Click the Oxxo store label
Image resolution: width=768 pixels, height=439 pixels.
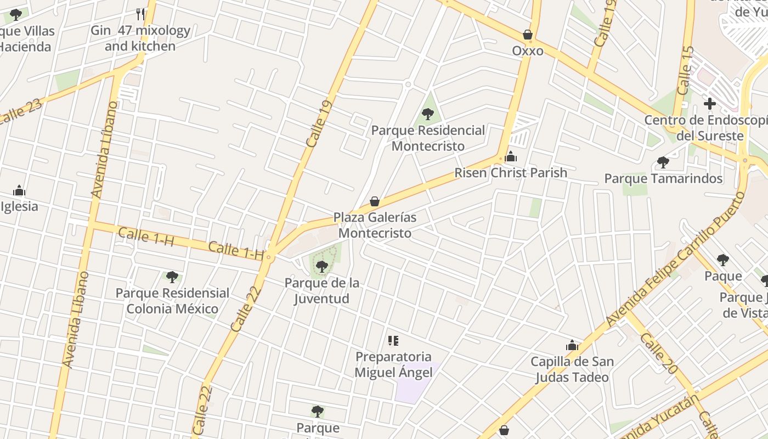(x=528, y=51)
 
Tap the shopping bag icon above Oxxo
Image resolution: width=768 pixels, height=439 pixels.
(x=528, y=35)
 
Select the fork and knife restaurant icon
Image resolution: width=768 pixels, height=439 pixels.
(x=141, y=14)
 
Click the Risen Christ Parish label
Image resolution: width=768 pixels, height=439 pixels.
(x=510, y=173)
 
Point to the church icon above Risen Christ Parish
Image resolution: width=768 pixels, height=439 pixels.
(x=511, y=157)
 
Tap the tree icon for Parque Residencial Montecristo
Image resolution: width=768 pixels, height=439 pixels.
(x=428, y=114)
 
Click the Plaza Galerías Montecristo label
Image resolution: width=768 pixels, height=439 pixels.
(x=375, y=225)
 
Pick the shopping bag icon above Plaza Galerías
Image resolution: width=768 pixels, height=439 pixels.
(x=375, y=201)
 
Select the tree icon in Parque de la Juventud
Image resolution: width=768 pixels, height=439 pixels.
(x=322, y=267)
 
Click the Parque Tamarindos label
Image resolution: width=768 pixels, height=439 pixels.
(x=663, y=178)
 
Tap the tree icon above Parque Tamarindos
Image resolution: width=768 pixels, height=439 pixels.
(x=663, y=162)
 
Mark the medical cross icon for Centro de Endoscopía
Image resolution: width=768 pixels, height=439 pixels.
(x=710, y=103)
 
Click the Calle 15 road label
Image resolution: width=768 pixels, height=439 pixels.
(x=685, y=70)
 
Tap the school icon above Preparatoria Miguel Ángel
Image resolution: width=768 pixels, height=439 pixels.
(x=393, y=341)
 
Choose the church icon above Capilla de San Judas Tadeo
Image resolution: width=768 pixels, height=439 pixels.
(x=572, y=346)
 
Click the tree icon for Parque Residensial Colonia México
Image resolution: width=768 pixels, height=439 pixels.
(x=172, y=277)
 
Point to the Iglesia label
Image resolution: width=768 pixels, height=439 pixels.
(x=20, y=206)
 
